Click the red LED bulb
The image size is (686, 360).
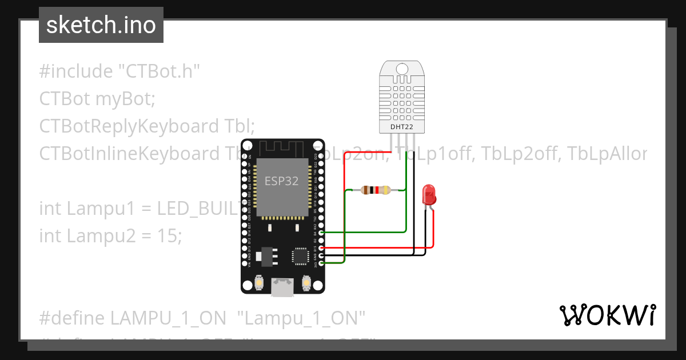point(429,195)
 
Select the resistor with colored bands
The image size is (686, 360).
point(376,190)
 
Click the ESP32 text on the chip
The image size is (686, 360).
point(281,181)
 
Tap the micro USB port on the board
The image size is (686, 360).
point(282,287)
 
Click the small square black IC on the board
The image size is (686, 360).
point(300,256)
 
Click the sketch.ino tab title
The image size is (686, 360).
point(101,25)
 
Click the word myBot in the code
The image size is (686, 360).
point(125,99)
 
